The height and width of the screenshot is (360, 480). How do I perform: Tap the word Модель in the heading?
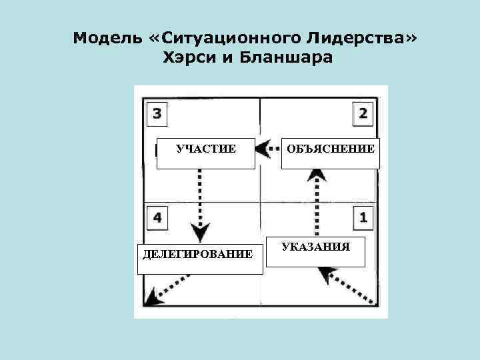(105, 37)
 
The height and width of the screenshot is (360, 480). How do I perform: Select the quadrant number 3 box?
(157, 113)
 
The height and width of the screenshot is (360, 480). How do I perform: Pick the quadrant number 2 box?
(363, 113)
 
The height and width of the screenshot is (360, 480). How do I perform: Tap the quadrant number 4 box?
(157, 217)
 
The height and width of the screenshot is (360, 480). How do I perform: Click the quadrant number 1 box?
(363, 217)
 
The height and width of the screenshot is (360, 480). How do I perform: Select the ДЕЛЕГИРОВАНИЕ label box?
(197, 255)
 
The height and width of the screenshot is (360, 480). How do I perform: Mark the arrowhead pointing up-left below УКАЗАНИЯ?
(327, 273)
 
